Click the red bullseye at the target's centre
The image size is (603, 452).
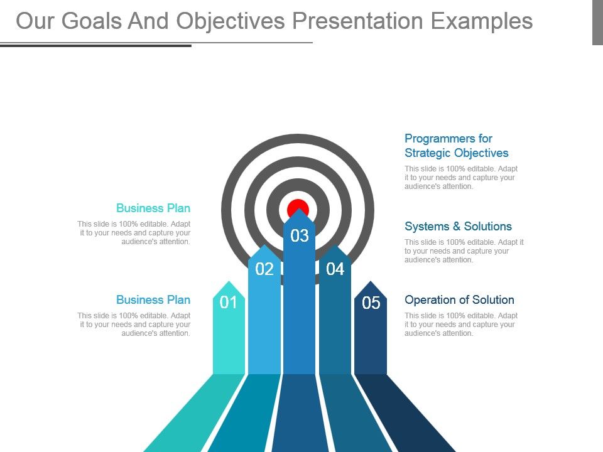pos(298,208)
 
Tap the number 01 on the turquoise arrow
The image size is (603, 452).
pos(229,303)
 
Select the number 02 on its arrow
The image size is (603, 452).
pos(264,269)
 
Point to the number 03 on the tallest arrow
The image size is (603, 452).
pos(300,235)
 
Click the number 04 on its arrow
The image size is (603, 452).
pos(335,269)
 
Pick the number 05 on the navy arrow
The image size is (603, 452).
pos(371,303)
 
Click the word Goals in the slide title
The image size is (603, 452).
pos(92,21)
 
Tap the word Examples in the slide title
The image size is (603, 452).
pos(482,21)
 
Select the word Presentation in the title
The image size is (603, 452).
pos(357,21)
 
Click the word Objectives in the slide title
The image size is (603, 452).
pos(231,21)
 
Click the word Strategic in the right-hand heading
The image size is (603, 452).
pos(426,153)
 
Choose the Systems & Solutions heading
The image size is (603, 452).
pos(458,227)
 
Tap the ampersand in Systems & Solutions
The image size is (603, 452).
pos(457,227)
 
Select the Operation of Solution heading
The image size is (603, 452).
pos(459,300)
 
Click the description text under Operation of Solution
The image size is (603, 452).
pos(460,325)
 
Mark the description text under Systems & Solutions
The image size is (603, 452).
pos(464,251)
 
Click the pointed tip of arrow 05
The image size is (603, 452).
pos(371,281)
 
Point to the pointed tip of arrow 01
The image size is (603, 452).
pos(229,281)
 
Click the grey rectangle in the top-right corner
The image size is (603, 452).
pos(597,23)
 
